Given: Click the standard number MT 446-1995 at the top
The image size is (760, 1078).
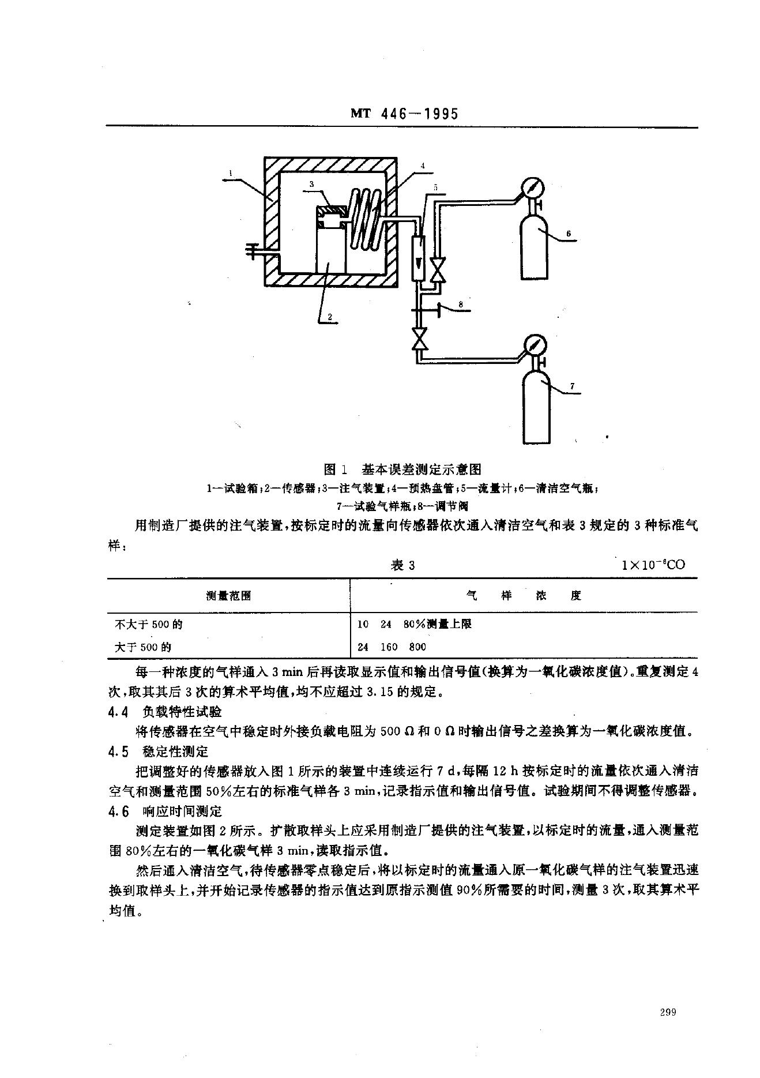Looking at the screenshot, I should tap(404, 114).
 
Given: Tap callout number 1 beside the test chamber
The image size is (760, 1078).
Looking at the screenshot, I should tap(230, 172).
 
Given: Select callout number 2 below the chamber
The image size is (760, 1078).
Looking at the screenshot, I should tap(329, 316).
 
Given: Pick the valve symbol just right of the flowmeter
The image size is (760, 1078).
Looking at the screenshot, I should tap(438, 269).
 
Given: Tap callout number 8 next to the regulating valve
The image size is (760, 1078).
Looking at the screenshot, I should tap(460, 303).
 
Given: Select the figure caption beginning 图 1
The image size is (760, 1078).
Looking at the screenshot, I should tap(402, 469).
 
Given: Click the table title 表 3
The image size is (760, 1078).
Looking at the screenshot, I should tap(402, 565).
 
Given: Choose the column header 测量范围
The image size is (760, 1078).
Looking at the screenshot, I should tap(228, 596).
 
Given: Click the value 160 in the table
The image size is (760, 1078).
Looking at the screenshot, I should tap(389, 647).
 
